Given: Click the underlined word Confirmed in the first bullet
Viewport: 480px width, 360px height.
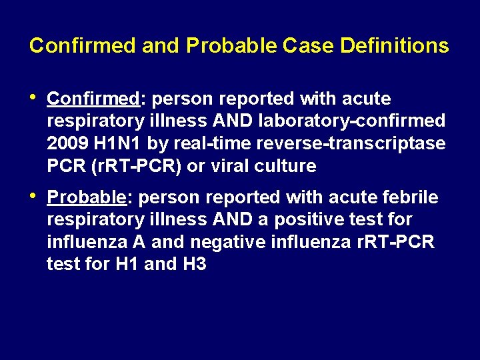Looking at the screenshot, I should click(x=93, y=99).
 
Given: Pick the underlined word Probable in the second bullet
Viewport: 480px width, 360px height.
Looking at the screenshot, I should click(x=87, y=197).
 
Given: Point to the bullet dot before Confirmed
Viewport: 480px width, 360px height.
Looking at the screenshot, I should click(x=33, y=97).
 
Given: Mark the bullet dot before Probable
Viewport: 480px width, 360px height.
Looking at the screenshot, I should click(x=33, y=196).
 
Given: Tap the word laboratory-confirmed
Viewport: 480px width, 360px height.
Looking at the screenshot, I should click(x=356, y=121).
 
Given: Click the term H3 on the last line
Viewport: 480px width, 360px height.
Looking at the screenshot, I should click(x=193, y=265).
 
